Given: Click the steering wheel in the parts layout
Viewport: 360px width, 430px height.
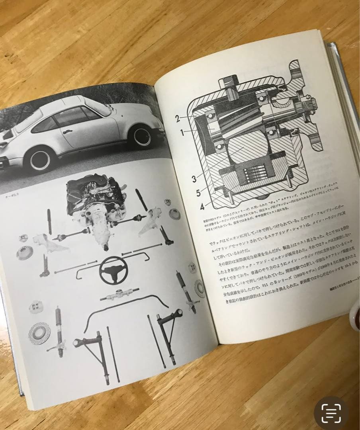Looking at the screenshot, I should pyautogui.click(x=113, y=270).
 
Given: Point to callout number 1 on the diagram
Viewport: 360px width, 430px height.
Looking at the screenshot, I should pyautogui.click(x=182, y=133).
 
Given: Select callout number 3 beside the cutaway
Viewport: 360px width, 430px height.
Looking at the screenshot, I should pyautogui.click(x=194, y=179).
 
